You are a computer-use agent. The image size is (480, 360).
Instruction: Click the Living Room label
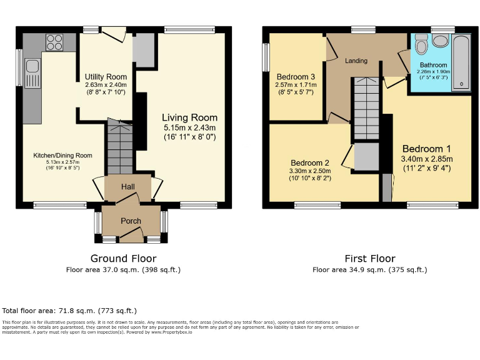coord(189,117)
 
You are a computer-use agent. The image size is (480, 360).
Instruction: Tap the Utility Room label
coord(106,77)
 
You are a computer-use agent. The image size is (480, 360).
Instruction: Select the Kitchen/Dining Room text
coord(62,156)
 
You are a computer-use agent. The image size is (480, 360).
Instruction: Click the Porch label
coord(131,221)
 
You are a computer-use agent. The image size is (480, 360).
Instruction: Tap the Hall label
coord(128,186)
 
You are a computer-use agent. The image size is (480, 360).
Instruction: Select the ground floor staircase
coord(119,147)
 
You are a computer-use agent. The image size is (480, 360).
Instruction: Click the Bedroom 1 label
coord(427,149)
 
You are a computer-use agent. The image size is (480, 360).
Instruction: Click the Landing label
coord(356,61)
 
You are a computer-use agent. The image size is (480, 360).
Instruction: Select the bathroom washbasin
coord(441,41)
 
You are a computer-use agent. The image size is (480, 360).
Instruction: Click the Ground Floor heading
coord(123,258)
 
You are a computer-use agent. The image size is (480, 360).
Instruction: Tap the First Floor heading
coord(370,258)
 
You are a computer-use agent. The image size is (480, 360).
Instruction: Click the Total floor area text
coord(69,310)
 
